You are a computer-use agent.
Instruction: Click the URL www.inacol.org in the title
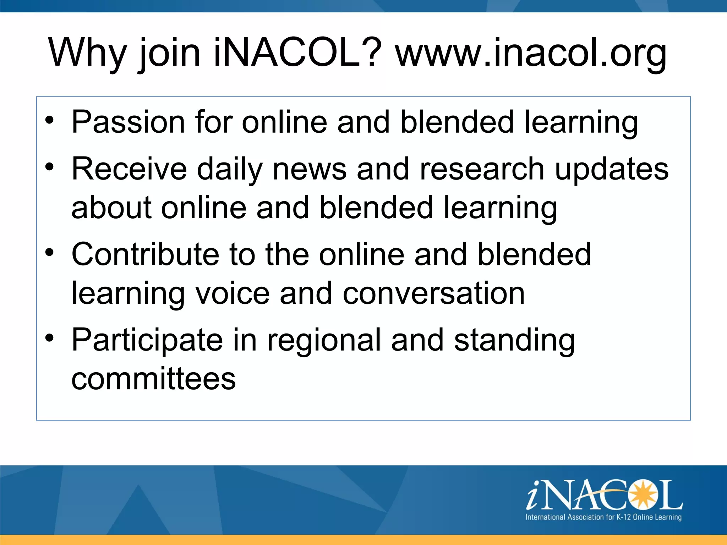(x=531, y=53)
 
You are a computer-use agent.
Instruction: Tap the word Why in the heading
(x=87, y=53)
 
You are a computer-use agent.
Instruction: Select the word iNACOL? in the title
(x=297, y=53)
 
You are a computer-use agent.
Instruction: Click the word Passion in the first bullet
(x=128, y=122)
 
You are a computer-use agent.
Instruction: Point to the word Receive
(x=129, y=169)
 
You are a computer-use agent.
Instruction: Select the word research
(x=482, y=169)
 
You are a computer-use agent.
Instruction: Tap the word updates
(x=612, y=170)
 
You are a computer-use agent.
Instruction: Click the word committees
(x=153, y=379)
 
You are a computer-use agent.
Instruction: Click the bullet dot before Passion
(x=49, y=120)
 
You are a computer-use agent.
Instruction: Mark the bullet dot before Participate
(x=49, y=337)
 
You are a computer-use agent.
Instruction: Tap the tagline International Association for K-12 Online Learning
(x=603, y=517)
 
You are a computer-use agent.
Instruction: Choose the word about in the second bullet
(x=111, y=208)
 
